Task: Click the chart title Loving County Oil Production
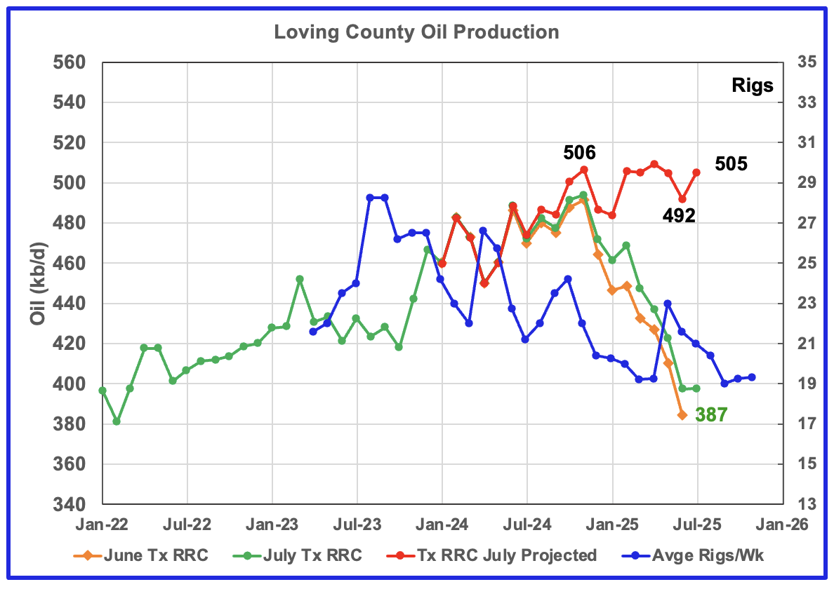[416, 32]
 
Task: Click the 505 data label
[731, 165]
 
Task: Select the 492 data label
[679, 216]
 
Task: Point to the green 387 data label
[711, 415]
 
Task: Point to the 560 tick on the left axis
[69, 62]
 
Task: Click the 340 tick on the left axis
[69, 505]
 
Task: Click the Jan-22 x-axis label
[102, 524]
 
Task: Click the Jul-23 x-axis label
[357, 524]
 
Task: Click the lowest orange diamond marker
[682, 415]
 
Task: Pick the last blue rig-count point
[752, 377]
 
